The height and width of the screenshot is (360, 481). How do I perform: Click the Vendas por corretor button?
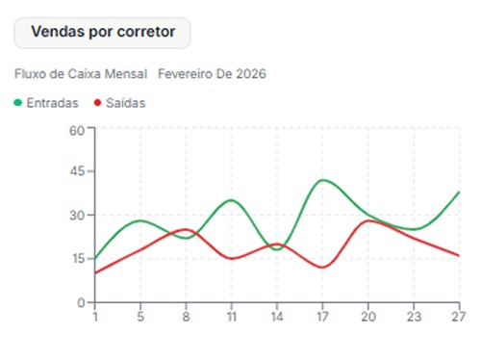[103, 32]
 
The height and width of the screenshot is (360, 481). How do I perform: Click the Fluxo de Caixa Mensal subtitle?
[81, 74]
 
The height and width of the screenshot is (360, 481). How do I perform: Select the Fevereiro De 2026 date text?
[212, 74]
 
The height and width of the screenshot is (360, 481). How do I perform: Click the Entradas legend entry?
[53, 103]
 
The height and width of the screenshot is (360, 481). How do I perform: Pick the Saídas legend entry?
[125, 103]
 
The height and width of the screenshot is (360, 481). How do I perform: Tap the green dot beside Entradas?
[18, 103]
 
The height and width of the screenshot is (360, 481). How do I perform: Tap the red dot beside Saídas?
[97, 103]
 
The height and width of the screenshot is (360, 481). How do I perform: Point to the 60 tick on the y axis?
[77, 128]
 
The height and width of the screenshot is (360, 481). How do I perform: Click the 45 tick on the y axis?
[77, 171]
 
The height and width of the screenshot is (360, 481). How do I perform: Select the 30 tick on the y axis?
[77, 215]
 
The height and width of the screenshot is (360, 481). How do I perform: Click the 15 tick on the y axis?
[77, 259]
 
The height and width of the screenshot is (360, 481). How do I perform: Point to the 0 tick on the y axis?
[81, 302]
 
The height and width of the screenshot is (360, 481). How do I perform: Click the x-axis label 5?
[140, 315]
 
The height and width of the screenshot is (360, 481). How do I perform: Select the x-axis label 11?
[232, 315]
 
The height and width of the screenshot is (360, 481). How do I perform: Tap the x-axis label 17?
[323, 315]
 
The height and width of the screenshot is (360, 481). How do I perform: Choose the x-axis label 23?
[414, 315]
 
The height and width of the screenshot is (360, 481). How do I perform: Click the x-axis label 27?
[459, 315]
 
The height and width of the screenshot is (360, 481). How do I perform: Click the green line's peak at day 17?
[324, 180]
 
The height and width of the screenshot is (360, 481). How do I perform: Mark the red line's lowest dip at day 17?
[322, 267]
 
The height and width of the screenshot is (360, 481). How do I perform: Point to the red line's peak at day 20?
[368, 220]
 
